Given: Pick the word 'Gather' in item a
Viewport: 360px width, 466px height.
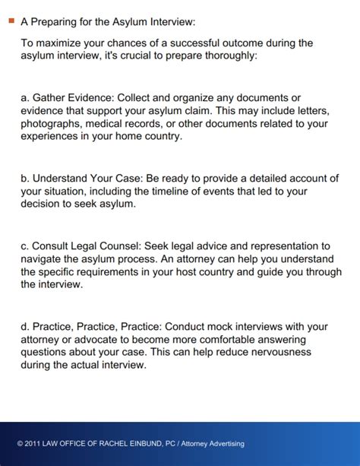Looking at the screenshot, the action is click(49, 98).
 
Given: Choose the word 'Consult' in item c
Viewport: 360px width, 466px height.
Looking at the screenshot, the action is click(52, 246).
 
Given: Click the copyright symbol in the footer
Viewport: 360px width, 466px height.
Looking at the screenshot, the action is click(20, 444).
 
